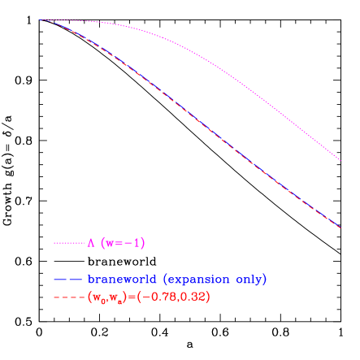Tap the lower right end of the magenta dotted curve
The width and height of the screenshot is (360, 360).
click(x=340, y=160)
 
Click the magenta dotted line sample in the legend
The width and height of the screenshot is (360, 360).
click(x=69, y=243)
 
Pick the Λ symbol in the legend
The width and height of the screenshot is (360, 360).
click(x=91, y=243)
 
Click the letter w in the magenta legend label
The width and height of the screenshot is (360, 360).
click(x=108, y=243)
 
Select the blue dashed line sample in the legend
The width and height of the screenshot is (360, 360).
click(x=69, y=280)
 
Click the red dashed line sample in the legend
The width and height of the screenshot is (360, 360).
click(x=69, y=297)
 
